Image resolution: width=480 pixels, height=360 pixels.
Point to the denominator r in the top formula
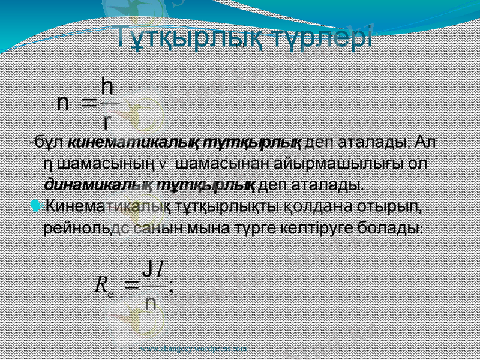(x=106, y=122)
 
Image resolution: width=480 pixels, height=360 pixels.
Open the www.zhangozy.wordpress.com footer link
(x=193, y=348)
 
